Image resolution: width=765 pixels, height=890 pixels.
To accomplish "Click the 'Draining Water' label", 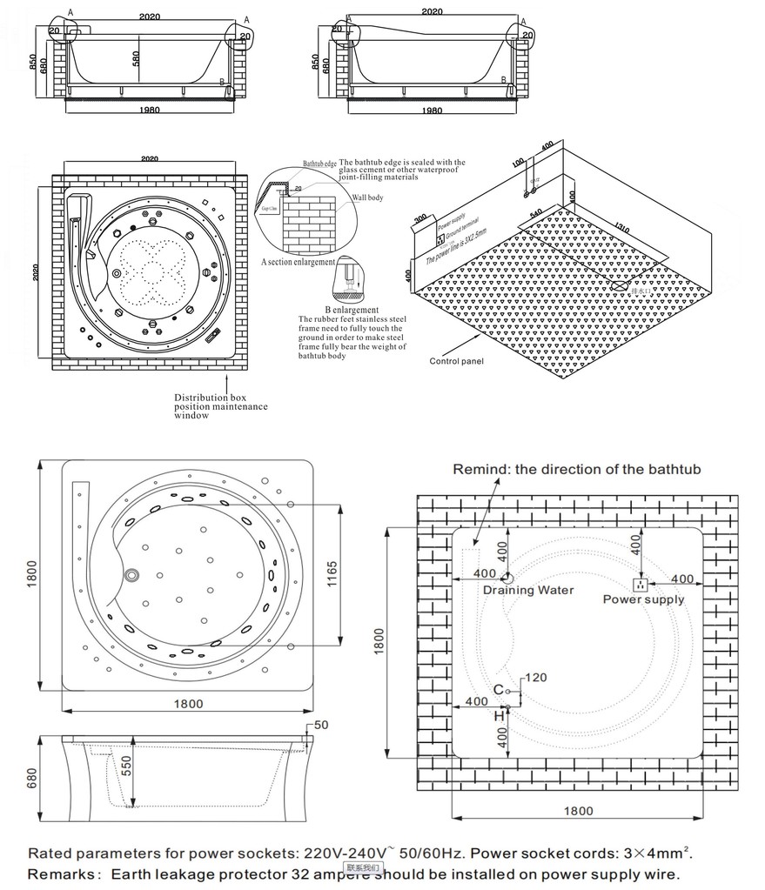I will (x=528, y=590).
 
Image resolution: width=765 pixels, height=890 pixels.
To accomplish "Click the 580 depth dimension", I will (x=137, y=58).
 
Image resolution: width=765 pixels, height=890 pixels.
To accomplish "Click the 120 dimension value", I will (x=536, y=678).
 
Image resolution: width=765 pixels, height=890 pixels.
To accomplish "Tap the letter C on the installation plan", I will (x=498, y=690).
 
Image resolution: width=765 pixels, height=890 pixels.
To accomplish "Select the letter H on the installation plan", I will (x=499, y=715).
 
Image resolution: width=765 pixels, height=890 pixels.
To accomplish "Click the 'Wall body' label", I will (x=366, y=197).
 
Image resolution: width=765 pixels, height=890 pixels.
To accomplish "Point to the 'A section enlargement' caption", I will (x=298, y=262).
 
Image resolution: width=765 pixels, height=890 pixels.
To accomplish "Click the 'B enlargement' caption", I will (x=352, y=310).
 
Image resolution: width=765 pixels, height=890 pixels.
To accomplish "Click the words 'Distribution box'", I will (x=210, y=397).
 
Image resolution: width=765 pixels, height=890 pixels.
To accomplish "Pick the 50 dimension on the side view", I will (x=320, y=725).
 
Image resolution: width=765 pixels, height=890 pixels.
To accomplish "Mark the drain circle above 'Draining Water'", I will (x=507, y=578).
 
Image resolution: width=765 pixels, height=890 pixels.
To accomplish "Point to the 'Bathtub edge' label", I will (x=319, y=164).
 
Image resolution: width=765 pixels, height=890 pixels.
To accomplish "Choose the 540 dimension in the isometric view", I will (x=536, y=211).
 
